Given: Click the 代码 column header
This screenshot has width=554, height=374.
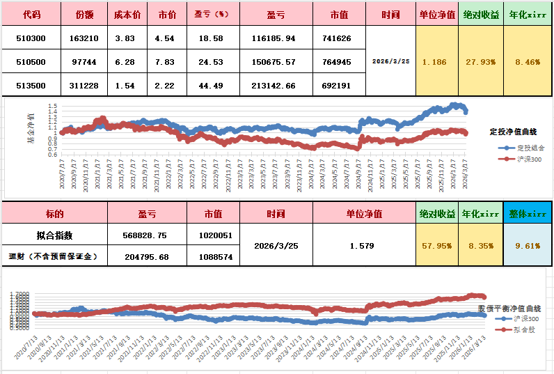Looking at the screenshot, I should point(31,14).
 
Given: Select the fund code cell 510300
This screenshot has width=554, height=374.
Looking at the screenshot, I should point(31,38).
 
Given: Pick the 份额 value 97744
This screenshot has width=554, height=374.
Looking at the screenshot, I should point(84,62).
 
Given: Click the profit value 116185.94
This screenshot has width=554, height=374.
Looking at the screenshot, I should point(272,38).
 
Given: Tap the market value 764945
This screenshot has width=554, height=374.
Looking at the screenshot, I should point(337,62).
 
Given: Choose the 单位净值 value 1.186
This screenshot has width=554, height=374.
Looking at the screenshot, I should point(435,62).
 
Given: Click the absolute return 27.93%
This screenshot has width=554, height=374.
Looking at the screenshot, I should point(480,62).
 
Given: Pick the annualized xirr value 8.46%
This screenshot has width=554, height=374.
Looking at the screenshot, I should point(527,62).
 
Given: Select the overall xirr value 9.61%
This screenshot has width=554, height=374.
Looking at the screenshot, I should point(527,245).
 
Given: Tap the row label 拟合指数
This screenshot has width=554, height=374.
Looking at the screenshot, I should point(54,235).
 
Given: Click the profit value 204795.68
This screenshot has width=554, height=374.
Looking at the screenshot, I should point(147,256).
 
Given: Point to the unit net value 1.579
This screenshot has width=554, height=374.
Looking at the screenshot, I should point(363,246).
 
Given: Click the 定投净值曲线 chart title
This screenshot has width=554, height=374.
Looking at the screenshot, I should point(516,131).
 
